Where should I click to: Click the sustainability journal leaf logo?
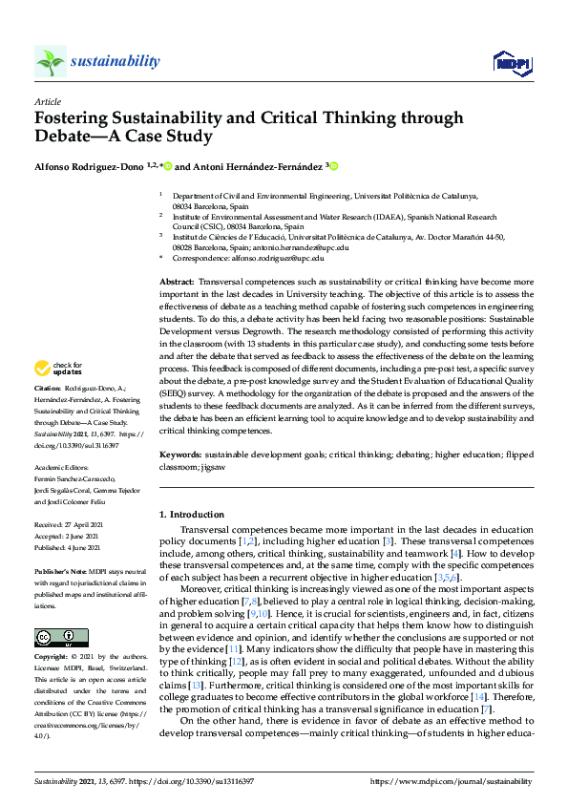51,61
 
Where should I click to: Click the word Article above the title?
47,100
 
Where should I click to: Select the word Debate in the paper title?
63,136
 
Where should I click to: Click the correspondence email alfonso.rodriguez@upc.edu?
274,258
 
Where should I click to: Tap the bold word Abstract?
178,283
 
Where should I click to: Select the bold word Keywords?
180,456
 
